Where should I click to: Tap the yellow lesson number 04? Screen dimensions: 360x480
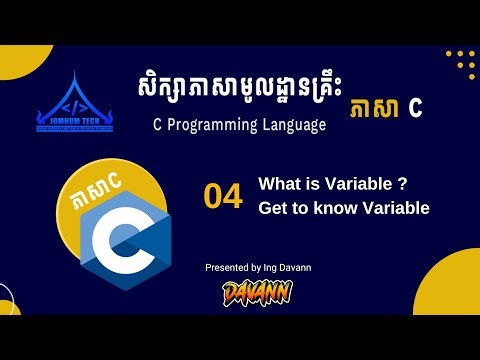tap(223, 197)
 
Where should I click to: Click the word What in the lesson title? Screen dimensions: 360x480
tap(278, 184)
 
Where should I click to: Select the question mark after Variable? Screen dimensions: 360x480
tap(401, 184)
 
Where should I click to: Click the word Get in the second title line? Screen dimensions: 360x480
tap(273, 208)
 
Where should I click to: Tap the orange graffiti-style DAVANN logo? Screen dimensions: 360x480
tap(257, 292)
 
